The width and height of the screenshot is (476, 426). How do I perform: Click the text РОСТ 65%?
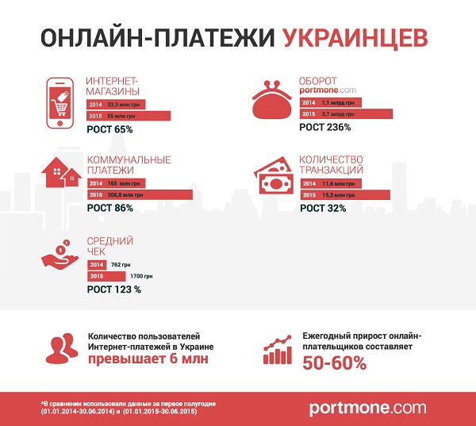[x=109, y=129]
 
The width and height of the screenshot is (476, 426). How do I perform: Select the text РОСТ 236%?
[x=325, y=127]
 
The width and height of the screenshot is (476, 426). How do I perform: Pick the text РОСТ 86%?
[x=109, y=208]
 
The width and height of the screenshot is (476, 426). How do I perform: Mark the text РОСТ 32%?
[x=323, y=207]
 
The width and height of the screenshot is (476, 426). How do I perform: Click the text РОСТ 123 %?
[x=114, y=290]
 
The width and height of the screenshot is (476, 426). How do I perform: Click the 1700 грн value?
[x=140, y=275]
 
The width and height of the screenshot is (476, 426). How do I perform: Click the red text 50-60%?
[x=334, y=363]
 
